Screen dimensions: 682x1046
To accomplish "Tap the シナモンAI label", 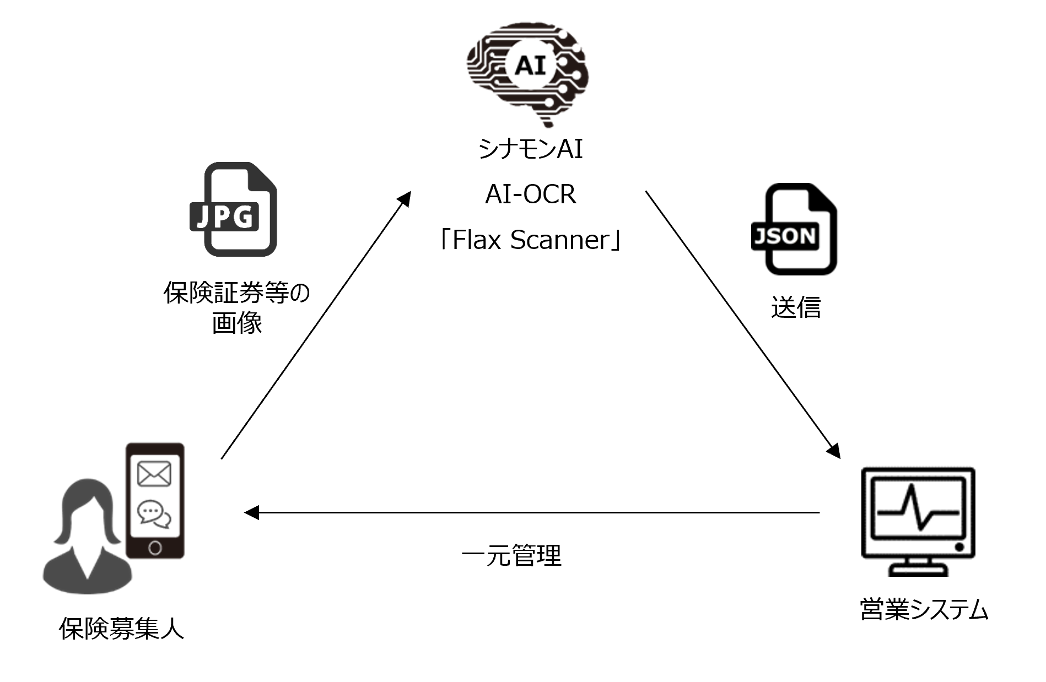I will coord(530,149).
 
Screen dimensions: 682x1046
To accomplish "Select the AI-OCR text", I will coord(530,194).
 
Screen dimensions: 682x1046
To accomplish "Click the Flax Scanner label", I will coord(530,240).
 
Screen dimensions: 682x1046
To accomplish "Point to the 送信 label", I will coord(795,307).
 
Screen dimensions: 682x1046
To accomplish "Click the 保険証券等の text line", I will coord(237,293).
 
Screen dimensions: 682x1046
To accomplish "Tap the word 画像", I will coord(237,323).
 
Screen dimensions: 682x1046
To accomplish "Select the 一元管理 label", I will coord(511,555).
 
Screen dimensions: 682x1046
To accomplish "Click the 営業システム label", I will coord(924,610).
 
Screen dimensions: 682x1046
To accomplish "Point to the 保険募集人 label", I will coord(121,629).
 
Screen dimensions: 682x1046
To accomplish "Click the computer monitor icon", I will coord(918,521).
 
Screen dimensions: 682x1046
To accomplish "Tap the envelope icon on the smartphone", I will coord(154,474).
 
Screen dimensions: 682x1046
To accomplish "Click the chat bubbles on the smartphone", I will coord(154,514).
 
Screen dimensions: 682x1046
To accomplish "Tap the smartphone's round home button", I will coord(155,548).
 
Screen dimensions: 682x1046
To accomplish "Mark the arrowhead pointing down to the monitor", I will coord(834,451).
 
